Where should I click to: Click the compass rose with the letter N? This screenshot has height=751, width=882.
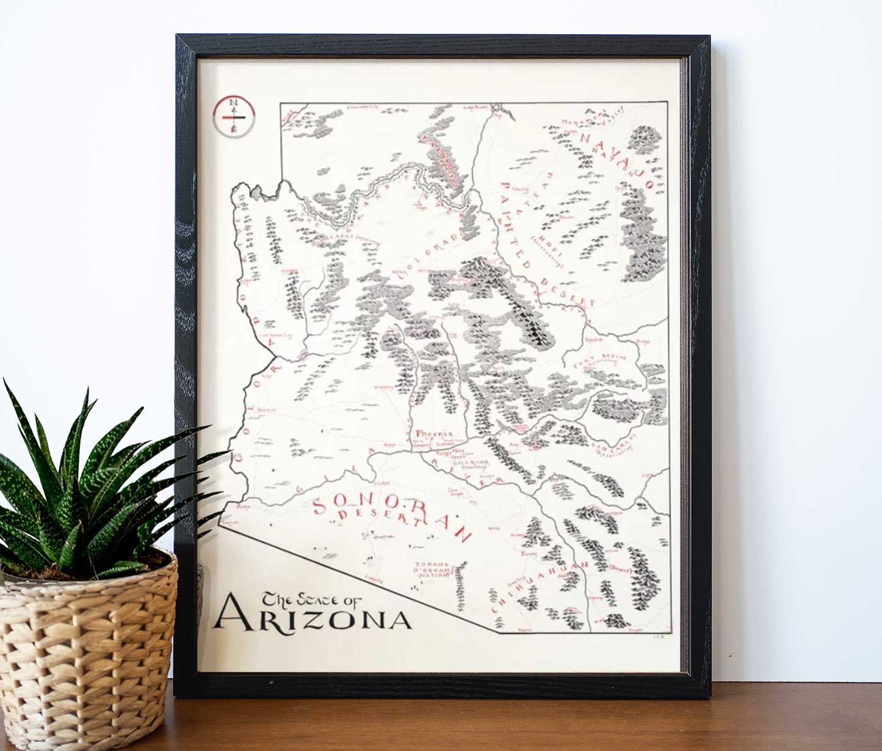[x=234, y=116]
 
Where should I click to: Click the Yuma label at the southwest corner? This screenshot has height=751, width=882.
[x=243, y=507]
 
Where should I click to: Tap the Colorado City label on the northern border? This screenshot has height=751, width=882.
[x=363, y=108]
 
